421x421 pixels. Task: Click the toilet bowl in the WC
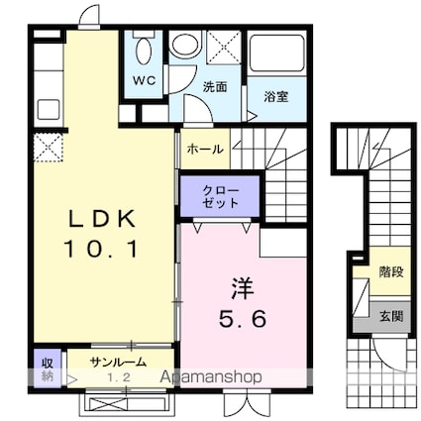pyautogui.click(x=143, y=50)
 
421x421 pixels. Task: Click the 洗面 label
pyautogui.click(x=215, y=87)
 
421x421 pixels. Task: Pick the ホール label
pyautogui.click(x=204, y=150)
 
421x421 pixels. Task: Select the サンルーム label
pyautogui.click(x=118, y=362)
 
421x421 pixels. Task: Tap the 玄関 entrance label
pyautogui.click(x=389, y=317)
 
